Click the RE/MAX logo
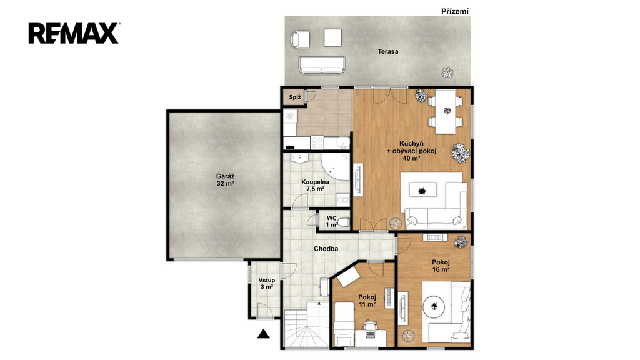[74, 34]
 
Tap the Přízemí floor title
[455, 11]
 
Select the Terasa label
[387, 51]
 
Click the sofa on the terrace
[322, 65]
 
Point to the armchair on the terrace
[301, 39]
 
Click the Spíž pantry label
[295, 97]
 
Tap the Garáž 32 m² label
[225, 180]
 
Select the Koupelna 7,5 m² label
[315, 185]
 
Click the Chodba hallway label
[326, 249]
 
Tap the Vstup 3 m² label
[266, 284]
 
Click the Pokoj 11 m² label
[367, 301]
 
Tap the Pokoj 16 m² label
[441, 266]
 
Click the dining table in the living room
[445, 111]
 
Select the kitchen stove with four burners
[317, 142]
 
